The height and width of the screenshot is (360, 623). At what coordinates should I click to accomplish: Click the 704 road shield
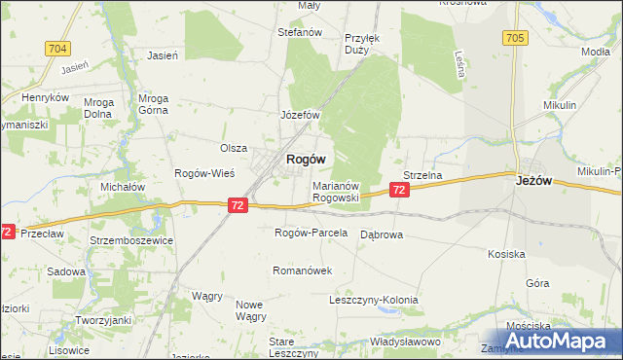pos(57,48)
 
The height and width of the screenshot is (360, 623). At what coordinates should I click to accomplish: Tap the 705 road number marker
pos(515,38)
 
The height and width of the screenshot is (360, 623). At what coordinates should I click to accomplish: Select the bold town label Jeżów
pos(534,179)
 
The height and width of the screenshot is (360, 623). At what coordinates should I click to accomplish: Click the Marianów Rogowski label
pos(337,191)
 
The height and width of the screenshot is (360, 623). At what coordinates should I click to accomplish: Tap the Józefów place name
pos(301,115)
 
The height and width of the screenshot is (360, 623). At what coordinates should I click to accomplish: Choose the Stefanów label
pos(300,32)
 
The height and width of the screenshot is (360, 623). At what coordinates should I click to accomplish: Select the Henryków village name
pos(46,98)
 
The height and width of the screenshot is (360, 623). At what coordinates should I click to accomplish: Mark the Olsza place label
pos(233,148)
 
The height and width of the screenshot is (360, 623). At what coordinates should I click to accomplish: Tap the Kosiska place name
pos(507,254)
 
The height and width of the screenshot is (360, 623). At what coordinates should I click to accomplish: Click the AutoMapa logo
pos(550,341)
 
